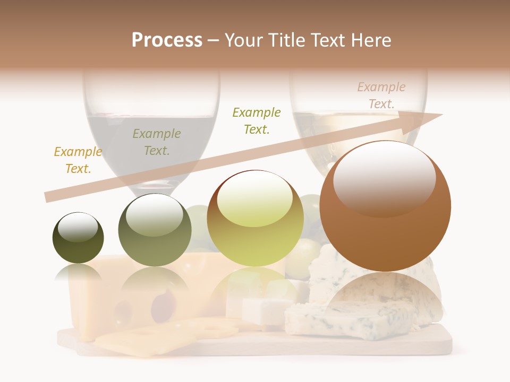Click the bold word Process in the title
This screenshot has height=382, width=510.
(x=167, y=40)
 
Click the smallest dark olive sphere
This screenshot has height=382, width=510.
(x=78, y=239)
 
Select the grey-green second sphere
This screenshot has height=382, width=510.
(x=155, y=230)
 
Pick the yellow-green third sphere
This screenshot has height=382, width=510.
(x=255, y=219)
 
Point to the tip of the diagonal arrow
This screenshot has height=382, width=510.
(x=441, y=115)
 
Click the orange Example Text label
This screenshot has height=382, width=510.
(x=78, y=160)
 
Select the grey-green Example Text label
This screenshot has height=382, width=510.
(x=157, y=142)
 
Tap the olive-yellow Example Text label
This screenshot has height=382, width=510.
(x=257, y=121)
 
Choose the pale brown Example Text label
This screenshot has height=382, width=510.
(x=381, y=95)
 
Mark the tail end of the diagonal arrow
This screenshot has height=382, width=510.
(x=48, y=197)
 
